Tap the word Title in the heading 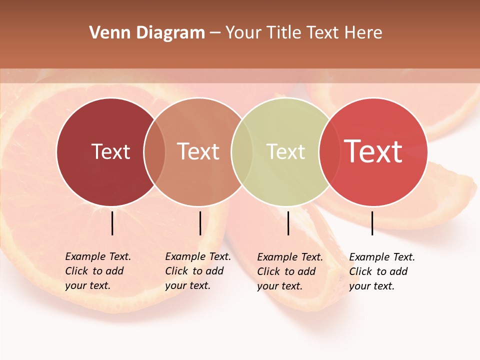(x=284, y=33)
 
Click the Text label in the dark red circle (x=110, y=151)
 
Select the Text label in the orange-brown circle (x=198, y=151)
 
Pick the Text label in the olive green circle (x=285, y=151)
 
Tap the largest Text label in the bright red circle (x=373, y=151)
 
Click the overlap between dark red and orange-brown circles (x=154, y=152)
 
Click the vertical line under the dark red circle (x=112, y=223)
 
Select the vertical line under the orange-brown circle (x=200, y=223)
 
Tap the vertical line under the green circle (x=288, y=223)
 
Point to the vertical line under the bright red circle (x=372, y=223)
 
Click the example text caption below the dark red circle (x=98, y=271)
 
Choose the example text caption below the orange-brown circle (x=198, y=271)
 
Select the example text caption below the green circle (x=290, y=271)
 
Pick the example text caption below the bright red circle (x=382, y=271)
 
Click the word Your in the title (x=244, y=33)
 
